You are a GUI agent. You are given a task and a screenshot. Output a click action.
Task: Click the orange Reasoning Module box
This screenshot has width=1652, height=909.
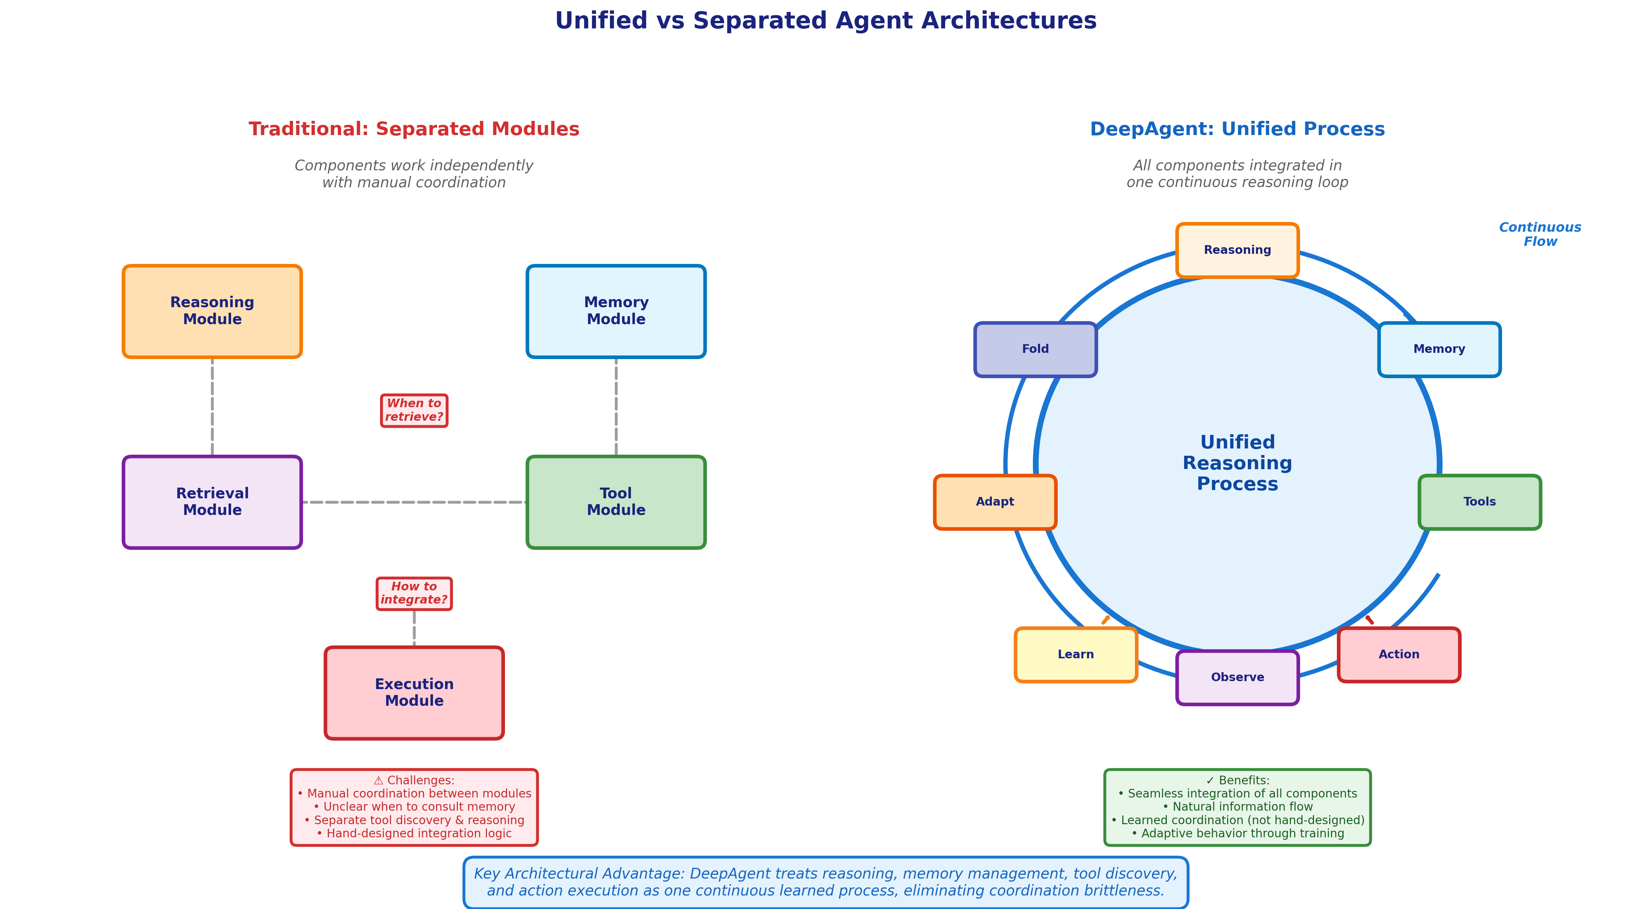coord(212,312)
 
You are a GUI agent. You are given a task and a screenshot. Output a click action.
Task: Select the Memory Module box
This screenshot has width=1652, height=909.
coord(616,312)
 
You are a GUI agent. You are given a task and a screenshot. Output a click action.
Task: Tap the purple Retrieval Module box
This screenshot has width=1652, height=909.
coord(212,502)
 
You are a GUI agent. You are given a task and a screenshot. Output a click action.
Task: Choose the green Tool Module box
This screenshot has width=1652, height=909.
coord(616,502)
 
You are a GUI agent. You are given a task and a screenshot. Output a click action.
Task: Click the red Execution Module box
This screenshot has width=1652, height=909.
coord(414,693)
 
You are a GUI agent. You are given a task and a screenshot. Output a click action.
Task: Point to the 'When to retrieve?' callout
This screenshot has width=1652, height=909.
coord(414,410)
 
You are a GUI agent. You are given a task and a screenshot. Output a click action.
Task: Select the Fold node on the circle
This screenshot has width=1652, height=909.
coord(1035,349)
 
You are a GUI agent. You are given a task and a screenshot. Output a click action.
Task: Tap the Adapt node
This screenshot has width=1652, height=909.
coord(995,502)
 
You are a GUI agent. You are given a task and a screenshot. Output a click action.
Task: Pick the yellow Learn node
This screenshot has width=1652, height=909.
coord(1075,654)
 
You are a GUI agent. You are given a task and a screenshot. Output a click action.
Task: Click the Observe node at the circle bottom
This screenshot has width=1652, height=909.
coord(1237,678)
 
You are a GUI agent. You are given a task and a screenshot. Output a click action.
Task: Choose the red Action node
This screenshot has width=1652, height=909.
coord(1399,654)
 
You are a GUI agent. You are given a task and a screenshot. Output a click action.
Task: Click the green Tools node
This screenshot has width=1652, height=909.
coord(1480,502)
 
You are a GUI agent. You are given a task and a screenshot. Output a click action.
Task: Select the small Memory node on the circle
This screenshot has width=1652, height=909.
coord(1439,349)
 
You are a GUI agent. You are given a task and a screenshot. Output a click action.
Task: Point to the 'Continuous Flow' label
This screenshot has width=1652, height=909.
coord(1540,235)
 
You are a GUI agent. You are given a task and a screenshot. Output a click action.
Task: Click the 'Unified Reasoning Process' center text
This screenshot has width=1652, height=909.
coord(1237,463)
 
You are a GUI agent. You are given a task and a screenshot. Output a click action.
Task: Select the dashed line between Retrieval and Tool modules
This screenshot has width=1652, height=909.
coord(414,502)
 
